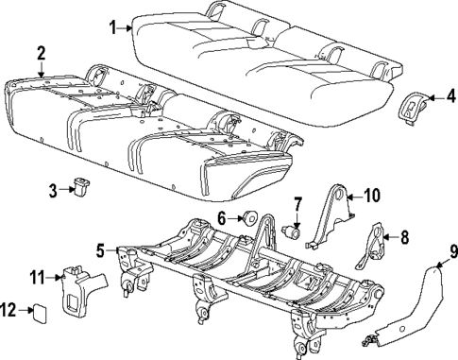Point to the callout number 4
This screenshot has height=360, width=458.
pos(450,95)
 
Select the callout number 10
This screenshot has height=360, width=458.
pos(371,197)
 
